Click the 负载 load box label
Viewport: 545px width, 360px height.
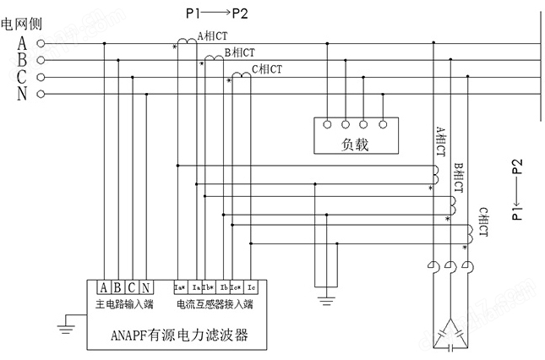(x=356, y=145)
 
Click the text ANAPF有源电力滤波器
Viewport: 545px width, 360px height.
(x=178, y=335)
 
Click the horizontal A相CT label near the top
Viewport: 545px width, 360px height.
(x=212, y=36)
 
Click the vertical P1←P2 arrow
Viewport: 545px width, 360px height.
(x=517, y=189)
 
